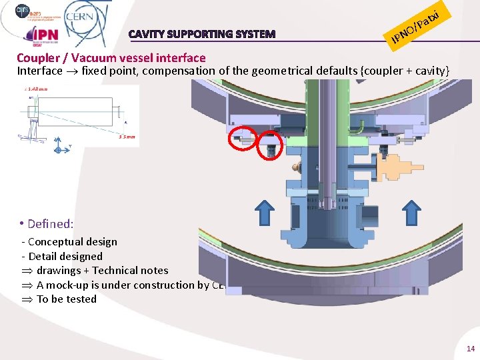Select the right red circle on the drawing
[x=271, y=143]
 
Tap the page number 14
[x=470, y=349]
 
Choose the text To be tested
[x=66, y=299]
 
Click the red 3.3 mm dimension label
[x=127, y=137]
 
